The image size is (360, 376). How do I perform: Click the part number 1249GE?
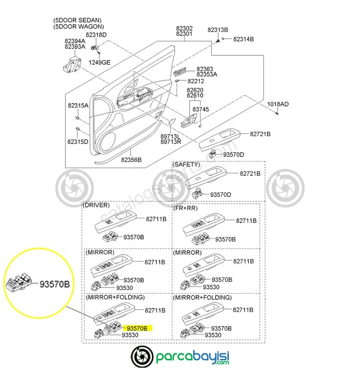coord(99,62)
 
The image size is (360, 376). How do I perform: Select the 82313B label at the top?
coord(218,30)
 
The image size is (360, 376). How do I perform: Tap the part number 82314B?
coord(243,39)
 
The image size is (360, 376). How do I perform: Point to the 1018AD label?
coord(277,104)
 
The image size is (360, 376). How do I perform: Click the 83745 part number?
coord(201,110)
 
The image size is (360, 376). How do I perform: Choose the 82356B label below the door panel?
coord(131,160)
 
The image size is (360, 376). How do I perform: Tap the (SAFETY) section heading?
coord(186,164)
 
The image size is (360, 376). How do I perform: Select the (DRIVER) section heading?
coord(96,205)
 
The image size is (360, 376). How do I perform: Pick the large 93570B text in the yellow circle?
coord(55,284)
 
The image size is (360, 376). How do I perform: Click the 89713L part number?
coord(171,136)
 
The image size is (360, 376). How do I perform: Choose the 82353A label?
coord(207,74)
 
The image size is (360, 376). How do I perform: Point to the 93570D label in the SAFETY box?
coord(221,194)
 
